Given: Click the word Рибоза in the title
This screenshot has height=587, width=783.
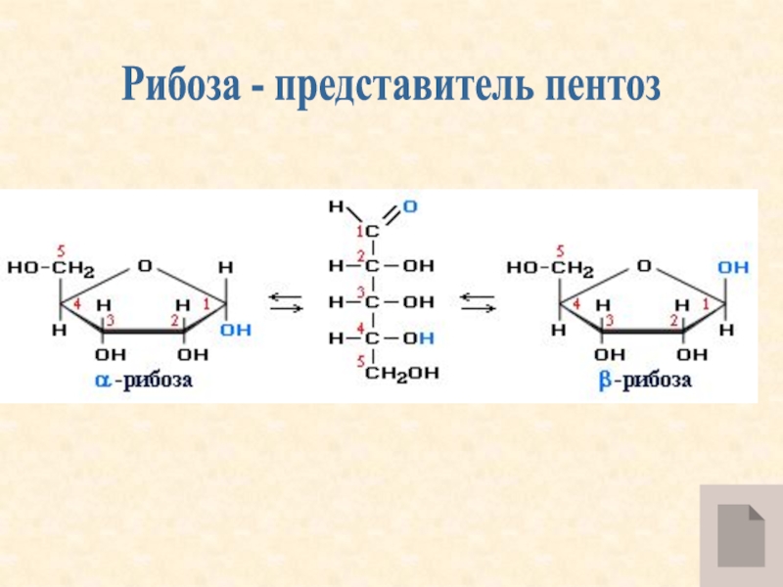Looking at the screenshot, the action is point(180,88).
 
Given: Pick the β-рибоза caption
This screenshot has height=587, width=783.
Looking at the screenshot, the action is point(645,381).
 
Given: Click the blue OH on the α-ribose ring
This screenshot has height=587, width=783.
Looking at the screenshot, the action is point(235,331).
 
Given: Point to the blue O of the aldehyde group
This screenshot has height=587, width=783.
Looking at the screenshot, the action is point(409,206).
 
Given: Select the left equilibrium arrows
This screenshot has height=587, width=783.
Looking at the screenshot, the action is point(284,302).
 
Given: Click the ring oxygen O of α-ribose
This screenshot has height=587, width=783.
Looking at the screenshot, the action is point(145,265).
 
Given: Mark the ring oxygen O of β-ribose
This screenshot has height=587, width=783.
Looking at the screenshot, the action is point(644,265).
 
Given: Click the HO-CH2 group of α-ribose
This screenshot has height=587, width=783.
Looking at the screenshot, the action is point(51,267).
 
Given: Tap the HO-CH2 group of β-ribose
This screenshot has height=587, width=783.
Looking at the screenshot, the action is point(550,267).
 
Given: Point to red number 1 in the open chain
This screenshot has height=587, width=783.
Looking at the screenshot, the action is point(359,230).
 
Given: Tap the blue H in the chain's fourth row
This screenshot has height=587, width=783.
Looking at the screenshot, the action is point(429,338).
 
